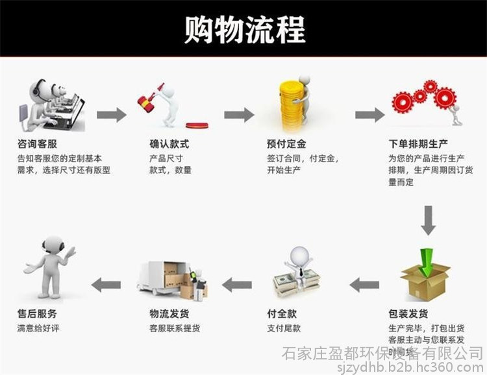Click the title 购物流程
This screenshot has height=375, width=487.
(243, 29)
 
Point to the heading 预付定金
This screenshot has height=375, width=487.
(287, 144)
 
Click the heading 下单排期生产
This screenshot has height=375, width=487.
(418, 144)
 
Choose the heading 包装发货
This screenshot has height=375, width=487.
(408, 314)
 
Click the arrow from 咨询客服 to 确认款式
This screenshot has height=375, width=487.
(112, 115)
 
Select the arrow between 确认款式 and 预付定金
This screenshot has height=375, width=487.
(239, 115)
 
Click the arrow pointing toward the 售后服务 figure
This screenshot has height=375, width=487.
(106, 284)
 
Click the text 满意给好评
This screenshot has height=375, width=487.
(38, 328)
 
